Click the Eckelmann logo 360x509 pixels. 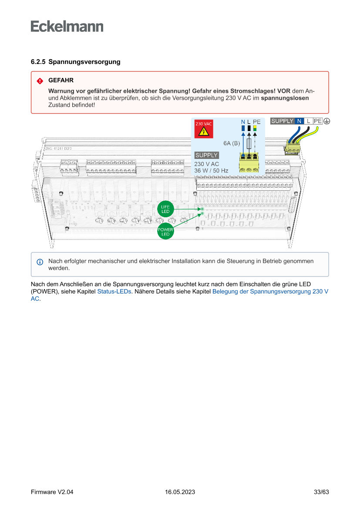(x=67, y=26)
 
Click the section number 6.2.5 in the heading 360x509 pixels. (x=38, y=62)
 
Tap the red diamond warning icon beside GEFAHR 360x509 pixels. (x=40, y=81)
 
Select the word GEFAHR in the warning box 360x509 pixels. (x=61, y=81)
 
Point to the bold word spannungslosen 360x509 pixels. (x=288, y=98)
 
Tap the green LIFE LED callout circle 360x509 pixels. (x=165, y=209)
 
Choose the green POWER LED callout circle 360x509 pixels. (x=165, y=232)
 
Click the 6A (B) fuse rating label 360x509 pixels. (x=232, y=143)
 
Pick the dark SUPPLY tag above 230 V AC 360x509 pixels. (x=206, y=155)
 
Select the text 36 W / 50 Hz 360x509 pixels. (x=211, y=171)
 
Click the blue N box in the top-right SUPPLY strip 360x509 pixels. (x=299, y=121)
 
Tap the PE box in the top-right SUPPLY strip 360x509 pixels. (x=318, y=121)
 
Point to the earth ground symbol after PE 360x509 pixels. (x=326, y=121)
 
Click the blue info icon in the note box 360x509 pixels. (x=40, y=262)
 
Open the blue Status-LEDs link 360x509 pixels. (x=114, y=291)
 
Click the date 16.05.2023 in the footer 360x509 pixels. (x=180, y=492)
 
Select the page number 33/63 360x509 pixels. (x=321, y=492)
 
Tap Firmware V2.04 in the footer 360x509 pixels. (x=52, y=492)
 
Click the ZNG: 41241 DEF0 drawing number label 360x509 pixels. (x=58, y=149)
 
